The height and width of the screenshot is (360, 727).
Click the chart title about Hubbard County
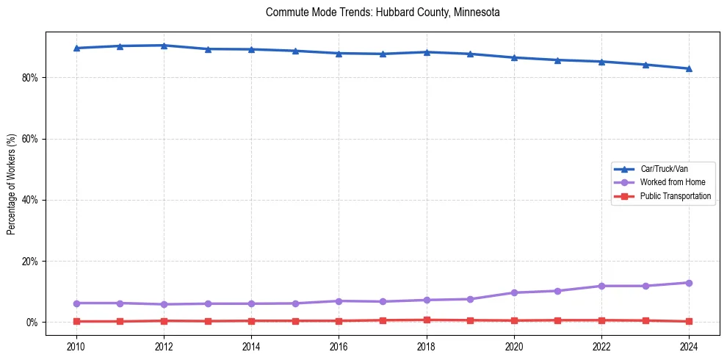(x=383, y=12)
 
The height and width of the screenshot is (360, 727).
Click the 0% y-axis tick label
(x=32, y=323)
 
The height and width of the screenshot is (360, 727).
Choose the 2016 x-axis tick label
(x=339, y=345)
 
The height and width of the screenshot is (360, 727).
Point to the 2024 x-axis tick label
(x=689, y=345)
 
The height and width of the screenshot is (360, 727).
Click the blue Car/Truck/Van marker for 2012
(x=164, y=46)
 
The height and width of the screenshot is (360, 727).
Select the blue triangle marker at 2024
(x=689, y=68)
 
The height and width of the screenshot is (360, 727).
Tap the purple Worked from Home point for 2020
(x=514, y=292)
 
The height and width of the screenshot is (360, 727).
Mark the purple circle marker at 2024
(x=689, y=283)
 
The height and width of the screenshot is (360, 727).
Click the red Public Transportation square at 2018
(x=427, y=320)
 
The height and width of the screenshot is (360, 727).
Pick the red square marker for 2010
(x=76, y=321)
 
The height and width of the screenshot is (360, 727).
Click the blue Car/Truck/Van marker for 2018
(x=427, y=52)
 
